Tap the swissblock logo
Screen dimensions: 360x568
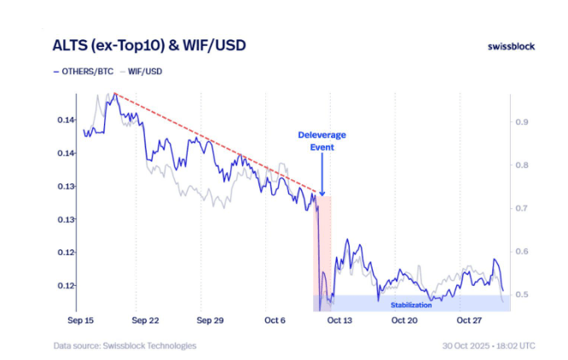pos(511,46)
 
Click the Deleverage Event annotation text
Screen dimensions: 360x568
pos(322,141)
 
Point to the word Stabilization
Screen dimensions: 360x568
pos(411,305)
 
